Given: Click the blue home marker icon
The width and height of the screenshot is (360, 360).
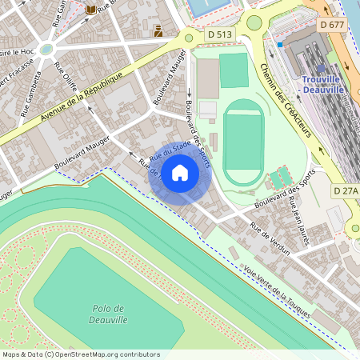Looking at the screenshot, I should (x=180, y=172).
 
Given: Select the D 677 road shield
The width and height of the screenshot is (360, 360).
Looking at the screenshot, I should (x=334, y=26).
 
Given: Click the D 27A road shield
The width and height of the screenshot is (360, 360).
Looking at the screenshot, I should (x=346, y=191).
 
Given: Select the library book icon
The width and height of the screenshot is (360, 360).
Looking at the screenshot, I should (x=91, y=9).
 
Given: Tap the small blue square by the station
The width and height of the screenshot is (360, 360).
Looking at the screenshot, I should (x=281, y=45).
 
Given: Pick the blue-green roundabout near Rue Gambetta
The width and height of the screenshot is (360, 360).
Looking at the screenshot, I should (x=46, y=49).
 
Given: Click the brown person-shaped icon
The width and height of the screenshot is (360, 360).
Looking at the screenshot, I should (x=158, y=31).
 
